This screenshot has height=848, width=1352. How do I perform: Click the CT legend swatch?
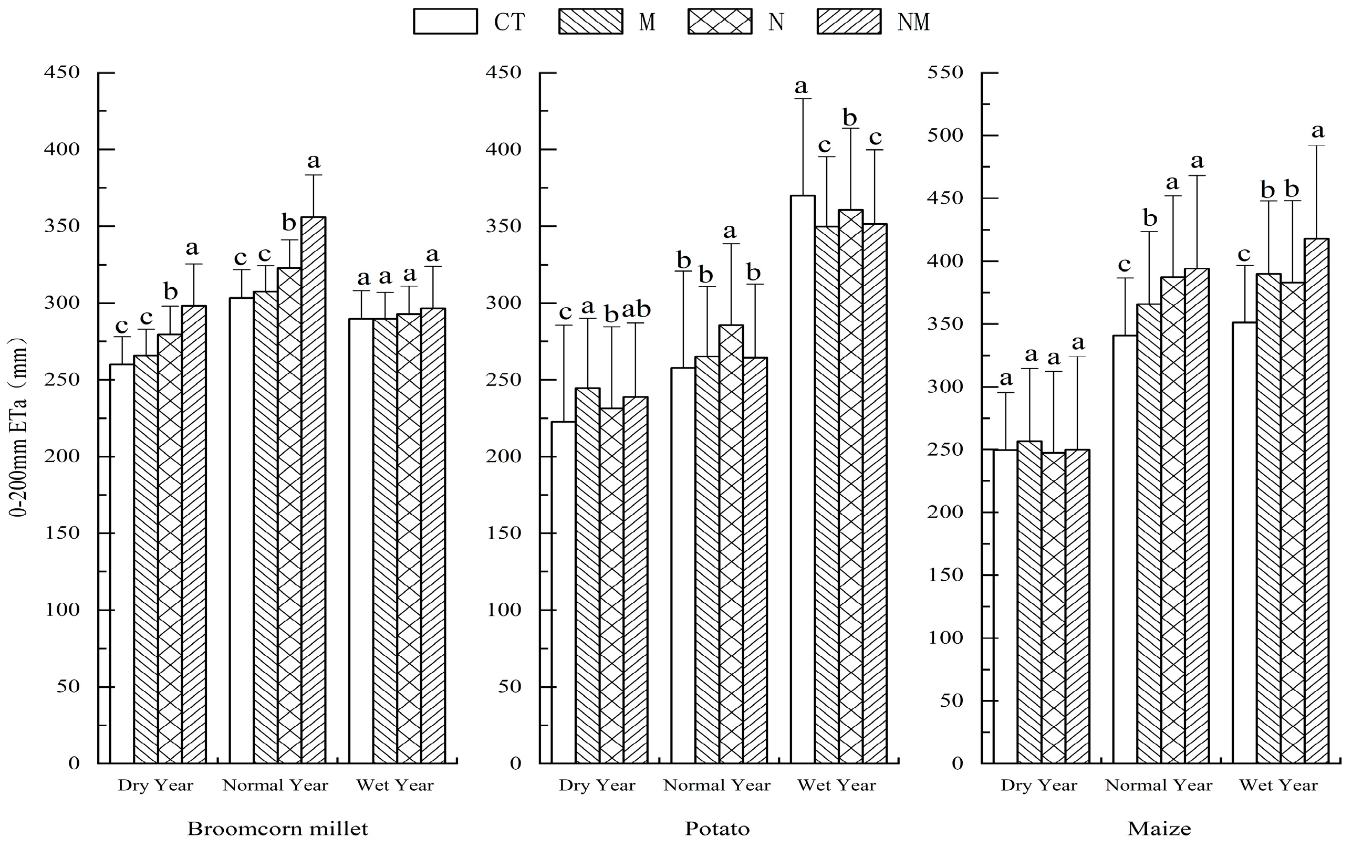coord(445,22)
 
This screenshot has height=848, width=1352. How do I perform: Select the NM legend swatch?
coord(848,22)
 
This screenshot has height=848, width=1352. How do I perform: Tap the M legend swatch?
coord(590,22)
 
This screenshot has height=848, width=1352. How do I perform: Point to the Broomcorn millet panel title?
coord(277,829)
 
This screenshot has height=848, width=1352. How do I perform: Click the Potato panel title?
coord(717,829)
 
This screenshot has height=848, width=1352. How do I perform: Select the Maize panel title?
coord(1159,829)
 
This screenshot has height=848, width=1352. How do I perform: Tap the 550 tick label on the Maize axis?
coord(945,72)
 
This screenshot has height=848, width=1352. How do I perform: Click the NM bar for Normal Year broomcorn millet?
coord(313,488)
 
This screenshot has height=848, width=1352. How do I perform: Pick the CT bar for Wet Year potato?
coord(802,479)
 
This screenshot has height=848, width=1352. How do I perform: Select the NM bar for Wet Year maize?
coord(1317,499)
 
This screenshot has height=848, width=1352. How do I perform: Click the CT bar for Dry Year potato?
coord(563,592)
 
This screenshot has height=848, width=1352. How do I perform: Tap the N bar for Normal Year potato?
coord(731,544)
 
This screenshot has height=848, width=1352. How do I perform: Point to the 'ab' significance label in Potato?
coord(636,309)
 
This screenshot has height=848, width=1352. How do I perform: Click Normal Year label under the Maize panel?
coord(1159,785)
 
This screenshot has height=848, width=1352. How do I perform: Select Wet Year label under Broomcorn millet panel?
coord(395,785)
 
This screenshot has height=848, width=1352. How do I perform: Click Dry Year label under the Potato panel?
coord(596,785)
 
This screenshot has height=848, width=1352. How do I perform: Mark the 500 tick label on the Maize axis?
coord(945,135)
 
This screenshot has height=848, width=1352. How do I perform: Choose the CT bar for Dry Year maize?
coord(1005,606)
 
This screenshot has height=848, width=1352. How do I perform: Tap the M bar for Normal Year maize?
coord(1148,533)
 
